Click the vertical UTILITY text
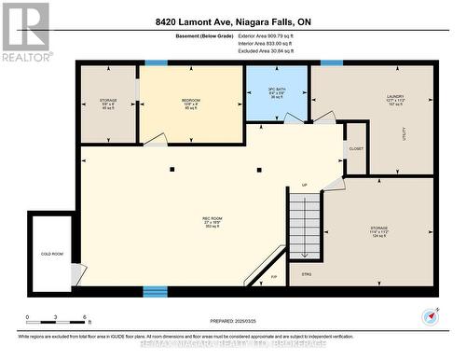pos(403,135)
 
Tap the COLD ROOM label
pos(51,253)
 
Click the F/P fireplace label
pos(274,277)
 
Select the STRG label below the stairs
pos(307,273)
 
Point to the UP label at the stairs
pos(304,186)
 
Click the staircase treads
pos(304,224)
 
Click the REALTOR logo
pos(25,32)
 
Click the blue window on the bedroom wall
pos(157,62)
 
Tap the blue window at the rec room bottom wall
pos(155,291)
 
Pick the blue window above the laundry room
pos(331,62)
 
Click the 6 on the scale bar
pos(86,319)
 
